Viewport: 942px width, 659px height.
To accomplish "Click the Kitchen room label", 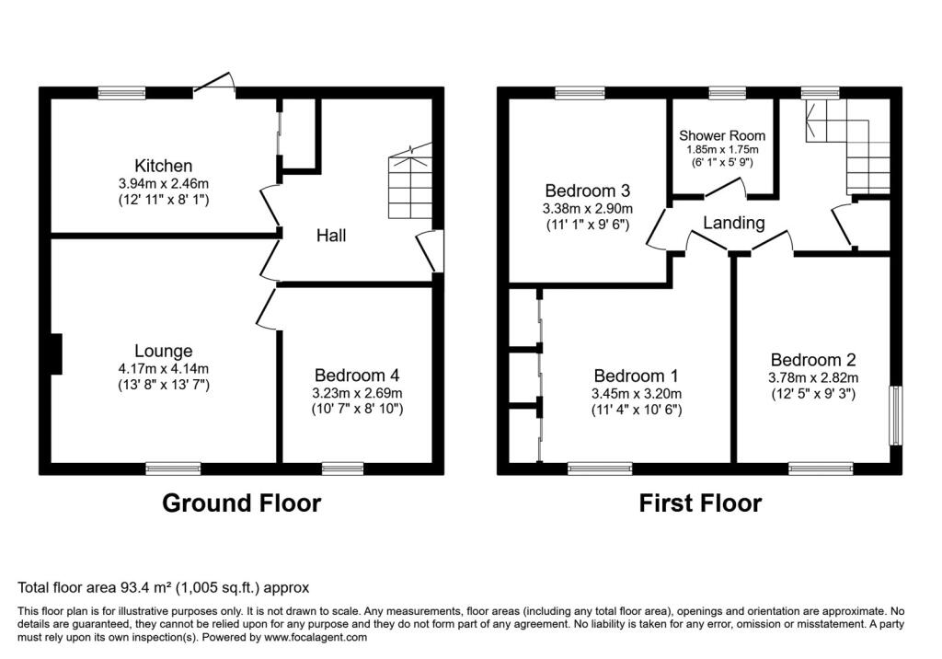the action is pyautogui.click(x=163, y=166).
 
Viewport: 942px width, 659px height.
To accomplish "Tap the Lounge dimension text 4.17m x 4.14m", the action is pyautogui.click(x=164, y=368).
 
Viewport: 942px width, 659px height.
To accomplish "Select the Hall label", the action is pyautogui.click(x=331, y=235).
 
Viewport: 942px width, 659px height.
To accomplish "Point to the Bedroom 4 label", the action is pyautogui.click(x=357, y=376).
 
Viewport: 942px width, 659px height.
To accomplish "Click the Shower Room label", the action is pyautogui.click(x=722, y=136).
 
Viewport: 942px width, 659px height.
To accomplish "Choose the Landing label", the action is pyautogui.click(x=733, y=223).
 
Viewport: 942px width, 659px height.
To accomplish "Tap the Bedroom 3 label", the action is pyautogui.click(x=587, y=191).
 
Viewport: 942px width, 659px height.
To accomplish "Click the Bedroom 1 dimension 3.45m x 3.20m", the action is pyautogui.click(x=637, y=394).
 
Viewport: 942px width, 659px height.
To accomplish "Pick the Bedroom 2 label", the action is pyautogui.click(x=813, y=360).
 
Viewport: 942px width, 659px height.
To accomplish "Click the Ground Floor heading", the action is pyautogui.click(x=242, y=503).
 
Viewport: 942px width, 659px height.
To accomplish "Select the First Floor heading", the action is pyautogui.click(x=700, y=503).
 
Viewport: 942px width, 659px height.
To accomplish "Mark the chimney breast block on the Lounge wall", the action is pyautogui.click(x=56, y=354).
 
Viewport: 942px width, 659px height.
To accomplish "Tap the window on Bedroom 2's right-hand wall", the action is pyautogui.click(x=896, y=415).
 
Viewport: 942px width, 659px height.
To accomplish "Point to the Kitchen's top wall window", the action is pyautogui.click(x=122, y=93).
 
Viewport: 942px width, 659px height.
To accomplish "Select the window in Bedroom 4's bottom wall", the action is pyautogui.click(x=342, y=468).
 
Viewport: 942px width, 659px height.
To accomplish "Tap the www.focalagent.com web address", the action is pyautogui.click(x=316, y=637).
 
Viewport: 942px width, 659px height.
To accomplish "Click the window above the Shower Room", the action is pyautogui.click(x=728, y=93).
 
